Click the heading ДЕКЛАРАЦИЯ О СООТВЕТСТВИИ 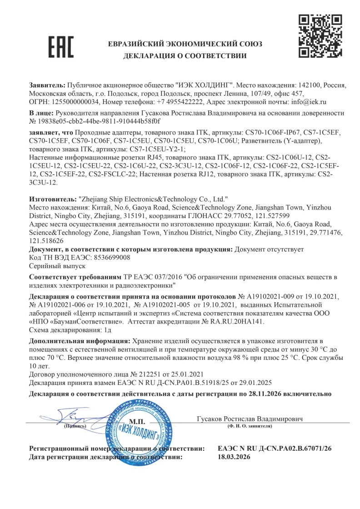[185, 56]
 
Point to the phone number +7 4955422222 [181, 102]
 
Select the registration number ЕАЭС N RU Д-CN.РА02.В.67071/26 [275, 449]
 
